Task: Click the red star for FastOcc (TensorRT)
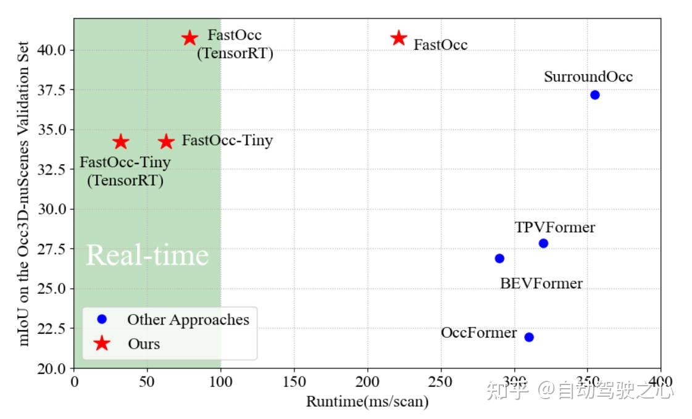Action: coord(190,38)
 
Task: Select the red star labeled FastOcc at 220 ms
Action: coord(399,38)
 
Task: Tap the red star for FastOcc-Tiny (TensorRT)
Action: coord(120,142)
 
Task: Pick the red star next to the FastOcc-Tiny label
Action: coord(166,142)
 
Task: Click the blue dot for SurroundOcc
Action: coord(594,94)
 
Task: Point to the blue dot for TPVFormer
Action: coord(543,243)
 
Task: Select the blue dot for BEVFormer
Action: coord(499,258)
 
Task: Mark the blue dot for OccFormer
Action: coord(528,337)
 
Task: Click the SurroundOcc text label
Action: coord(588,77)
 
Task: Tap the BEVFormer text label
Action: coord(541,284)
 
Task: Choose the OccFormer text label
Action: coord(478,333)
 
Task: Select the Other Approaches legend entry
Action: coord(188,320)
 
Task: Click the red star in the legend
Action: coord(102,344)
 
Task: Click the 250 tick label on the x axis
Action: coord(441,381)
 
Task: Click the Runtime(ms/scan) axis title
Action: coord(367,402)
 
